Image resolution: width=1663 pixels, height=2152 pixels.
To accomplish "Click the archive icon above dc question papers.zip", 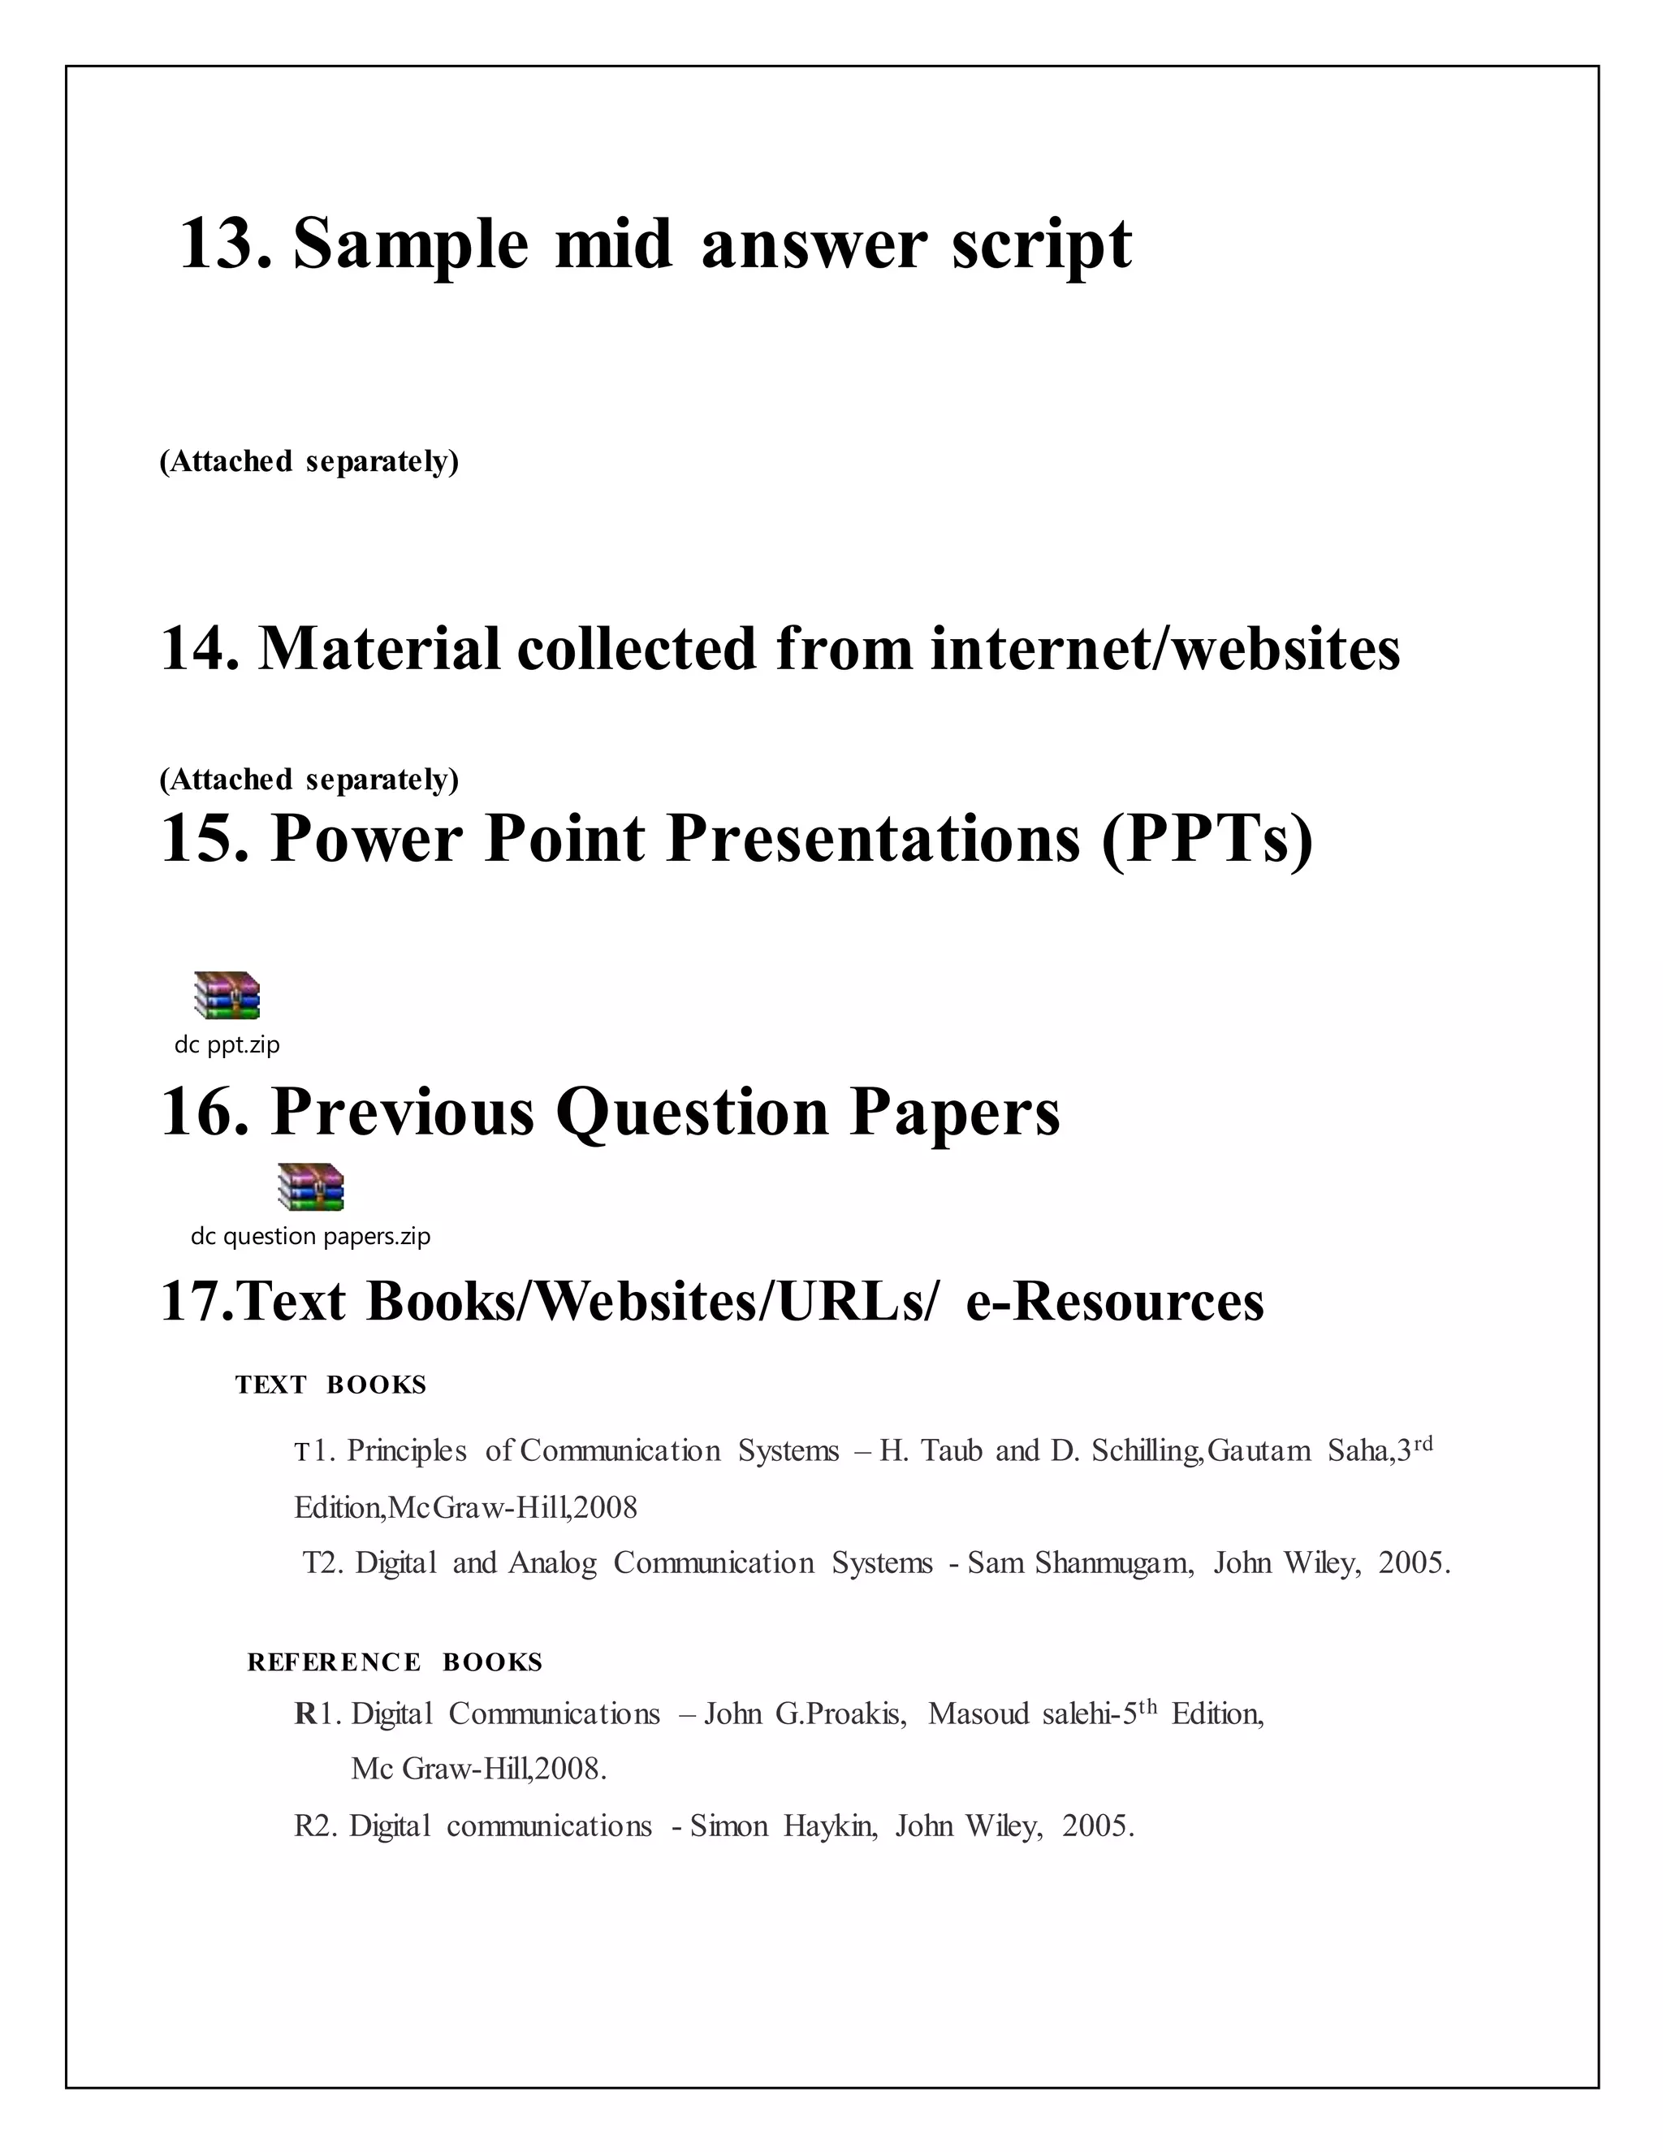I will click(x=310, y=1186).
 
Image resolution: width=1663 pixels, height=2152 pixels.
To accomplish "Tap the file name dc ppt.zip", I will click(x=227, y=1044).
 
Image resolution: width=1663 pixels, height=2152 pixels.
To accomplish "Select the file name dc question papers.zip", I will click(x=310, y=1236).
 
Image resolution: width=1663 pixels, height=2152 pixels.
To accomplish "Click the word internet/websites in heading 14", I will click(x=1164, y=650).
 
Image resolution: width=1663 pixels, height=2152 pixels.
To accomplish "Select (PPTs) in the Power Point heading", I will click(x=1207, y=839).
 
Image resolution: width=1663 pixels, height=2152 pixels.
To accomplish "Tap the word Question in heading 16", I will click(x=692, y=1112).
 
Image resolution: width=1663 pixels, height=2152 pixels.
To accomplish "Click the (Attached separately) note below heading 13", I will click(x=309, y=461).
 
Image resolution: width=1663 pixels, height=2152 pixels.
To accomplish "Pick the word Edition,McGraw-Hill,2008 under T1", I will click(x=466, y=1507).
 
